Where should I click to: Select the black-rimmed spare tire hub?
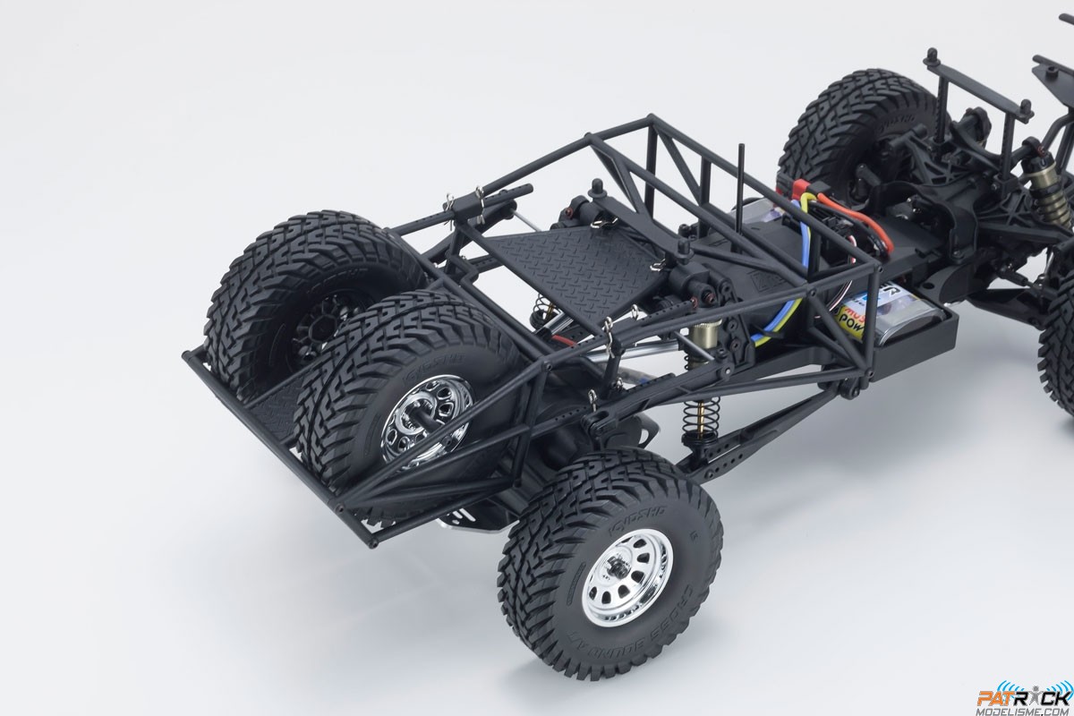point(309,318)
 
